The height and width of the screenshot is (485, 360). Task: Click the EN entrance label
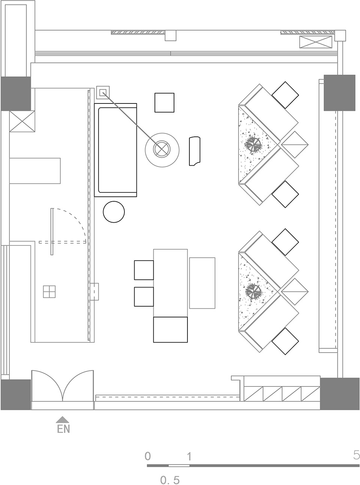(63, 429)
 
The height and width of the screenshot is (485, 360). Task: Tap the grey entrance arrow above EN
(63, 419)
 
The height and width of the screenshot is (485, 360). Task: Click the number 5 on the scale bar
(356, 455)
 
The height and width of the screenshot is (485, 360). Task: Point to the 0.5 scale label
(170, 479)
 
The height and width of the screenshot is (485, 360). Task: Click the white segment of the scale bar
(179, 466)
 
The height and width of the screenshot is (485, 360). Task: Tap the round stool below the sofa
(114, 212)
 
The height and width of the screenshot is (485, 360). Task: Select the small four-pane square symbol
(49, 292)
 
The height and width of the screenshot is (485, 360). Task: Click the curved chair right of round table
(195, 151)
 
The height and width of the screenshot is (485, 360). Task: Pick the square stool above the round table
(164, 103)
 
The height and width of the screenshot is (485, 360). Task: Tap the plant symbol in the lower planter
(253, 292)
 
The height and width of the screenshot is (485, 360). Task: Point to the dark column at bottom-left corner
(16, 395)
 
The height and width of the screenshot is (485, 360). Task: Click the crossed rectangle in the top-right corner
(316, 42)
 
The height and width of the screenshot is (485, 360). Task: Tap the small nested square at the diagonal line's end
(103, 93)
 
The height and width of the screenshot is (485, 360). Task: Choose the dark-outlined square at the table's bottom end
(171, 329)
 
